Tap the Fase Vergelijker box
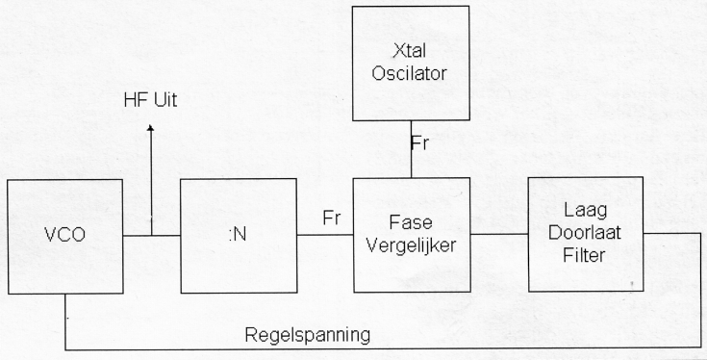tap(412, 235)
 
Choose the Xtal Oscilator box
tap(411, 64)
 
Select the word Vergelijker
tap(412, 244)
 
